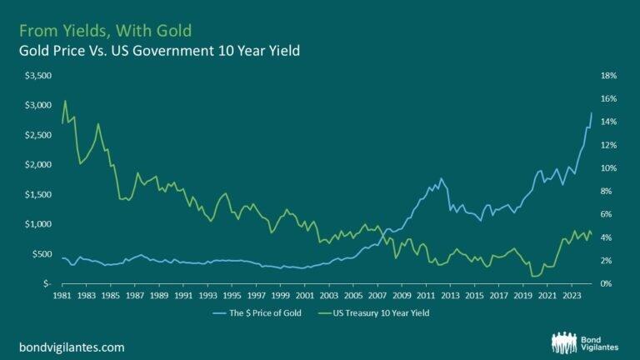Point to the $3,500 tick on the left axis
click(39, 75)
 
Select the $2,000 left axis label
click(39, 164)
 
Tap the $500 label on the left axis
click(42, 253)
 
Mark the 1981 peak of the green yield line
click(65, 101)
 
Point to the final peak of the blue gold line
click(592, 112)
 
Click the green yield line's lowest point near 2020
click(532, 276)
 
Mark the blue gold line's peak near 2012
click(441, 177)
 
